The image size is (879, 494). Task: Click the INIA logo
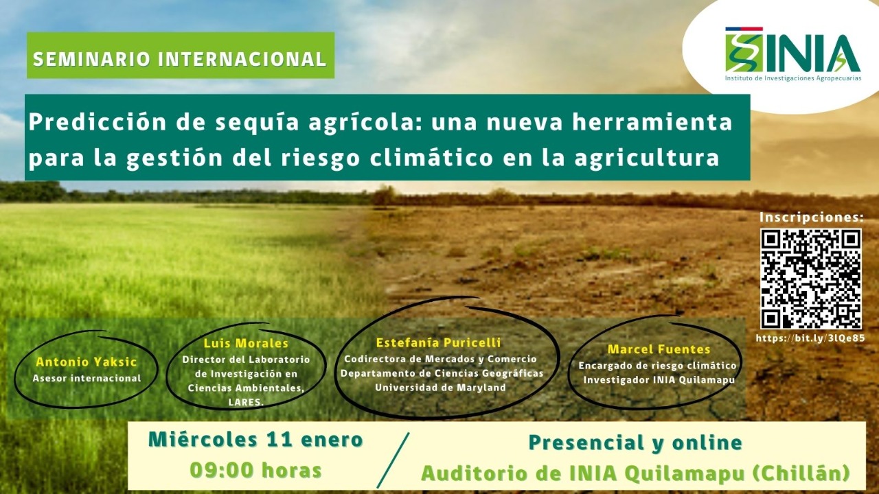792,54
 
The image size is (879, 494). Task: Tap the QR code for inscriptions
811,279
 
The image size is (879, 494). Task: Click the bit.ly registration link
810,338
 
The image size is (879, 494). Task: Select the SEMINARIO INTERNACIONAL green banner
181,56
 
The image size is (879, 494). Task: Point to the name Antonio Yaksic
87,362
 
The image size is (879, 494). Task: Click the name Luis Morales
246,344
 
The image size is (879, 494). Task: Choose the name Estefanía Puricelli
438,342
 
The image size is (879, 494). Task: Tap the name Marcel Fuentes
659,349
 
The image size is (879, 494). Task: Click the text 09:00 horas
256,470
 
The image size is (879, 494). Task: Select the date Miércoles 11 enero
255,440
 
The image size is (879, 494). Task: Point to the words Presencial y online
635,443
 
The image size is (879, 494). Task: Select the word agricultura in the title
647,158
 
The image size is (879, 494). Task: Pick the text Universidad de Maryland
440,388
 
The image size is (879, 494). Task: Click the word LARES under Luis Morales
244,402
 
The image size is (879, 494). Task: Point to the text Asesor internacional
87,378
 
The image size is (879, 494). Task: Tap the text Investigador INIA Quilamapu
659,380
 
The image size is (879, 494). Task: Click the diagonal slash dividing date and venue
393,460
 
